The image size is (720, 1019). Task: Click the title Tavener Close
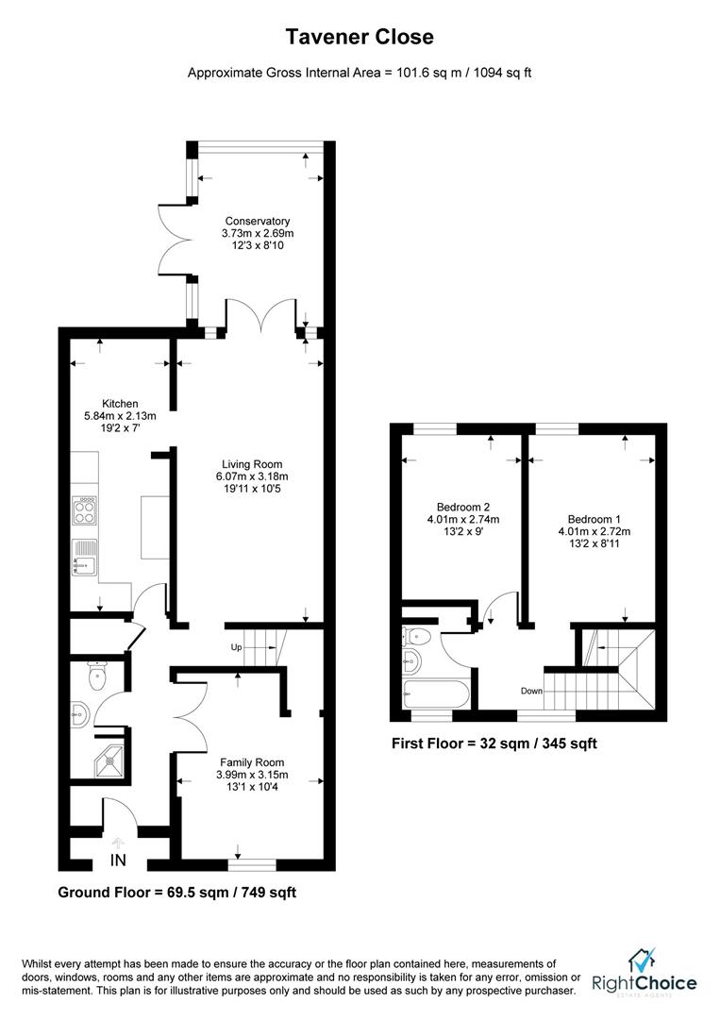click(x=360, y=38)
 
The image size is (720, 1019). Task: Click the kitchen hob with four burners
click(x=85, y=511)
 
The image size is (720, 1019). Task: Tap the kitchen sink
click(x=85, y=558)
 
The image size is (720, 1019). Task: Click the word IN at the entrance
click(x=118, y=860)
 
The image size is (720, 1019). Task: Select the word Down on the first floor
click(x=531, y=692)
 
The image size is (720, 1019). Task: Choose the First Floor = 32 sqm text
click(x=494, y=743)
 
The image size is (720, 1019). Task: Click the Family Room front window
click(x=252, y=863)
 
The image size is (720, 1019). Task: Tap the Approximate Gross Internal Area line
click(x=360, y=73)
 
